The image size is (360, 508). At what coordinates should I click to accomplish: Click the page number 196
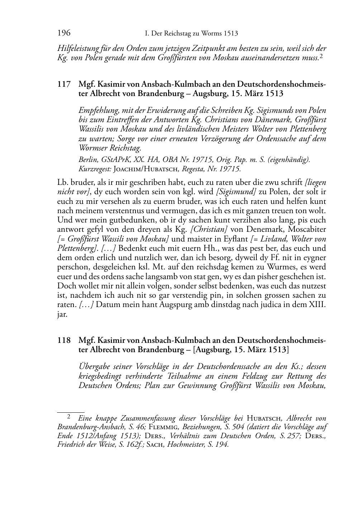point(64,33)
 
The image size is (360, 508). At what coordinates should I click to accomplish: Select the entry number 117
point(63,85)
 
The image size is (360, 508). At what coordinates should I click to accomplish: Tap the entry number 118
point(63,340)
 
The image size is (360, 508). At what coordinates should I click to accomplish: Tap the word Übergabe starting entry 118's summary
point(95,366)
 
